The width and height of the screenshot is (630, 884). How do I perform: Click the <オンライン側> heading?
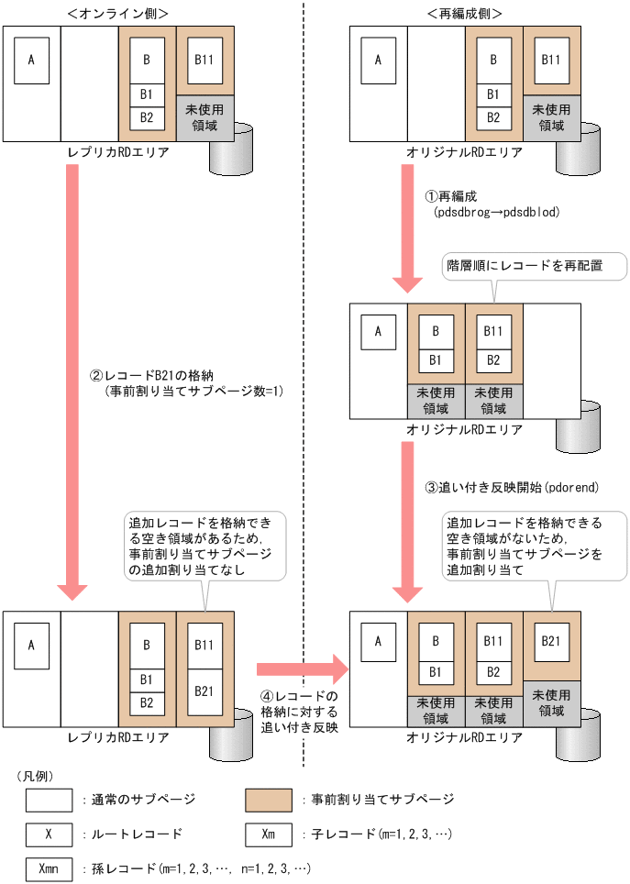pyautogui.click(x=117, y=12)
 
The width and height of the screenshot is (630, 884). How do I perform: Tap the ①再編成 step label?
pyautogui.click(x=450, y=196)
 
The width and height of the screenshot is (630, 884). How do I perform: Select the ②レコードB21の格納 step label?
pyautogui.click(x=152, y=376)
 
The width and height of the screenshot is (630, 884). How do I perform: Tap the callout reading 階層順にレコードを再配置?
pyautogui.click(x=535, y=266)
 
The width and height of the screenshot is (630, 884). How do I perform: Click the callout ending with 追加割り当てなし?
pyautogui.click(x=204, y=547)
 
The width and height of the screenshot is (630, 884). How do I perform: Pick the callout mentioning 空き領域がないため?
pyautogui.click(x=522, y=547)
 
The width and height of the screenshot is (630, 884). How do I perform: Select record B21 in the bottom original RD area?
pyautogui.click(x=551, y=641)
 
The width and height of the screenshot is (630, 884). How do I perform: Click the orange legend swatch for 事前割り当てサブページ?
pyautogui.click(x=269, y=800)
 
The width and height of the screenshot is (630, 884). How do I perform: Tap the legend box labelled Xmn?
pyautogui.click(x=49, y=867)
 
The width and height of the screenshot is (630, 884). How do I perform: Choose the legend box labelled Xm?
pyautogui.click(x=269, y=834)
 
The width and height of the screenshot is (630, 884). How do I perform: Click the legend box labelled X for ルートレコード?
pyautogui.click(x=49, y=834)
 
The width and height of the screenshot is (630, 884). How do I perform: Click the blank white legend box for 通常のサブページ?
pyautogui.click(x=49, y=800)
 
